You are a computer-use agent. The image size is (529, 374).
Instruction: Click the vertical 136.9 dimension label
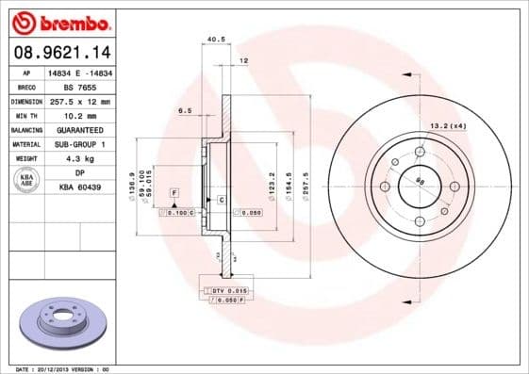coord(129,176)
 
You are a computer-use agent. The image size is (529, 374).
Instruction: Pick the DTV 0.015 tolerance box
coord(227,291)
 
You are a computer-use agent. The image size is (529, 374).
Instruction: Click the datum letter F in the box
coord(174,192)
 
